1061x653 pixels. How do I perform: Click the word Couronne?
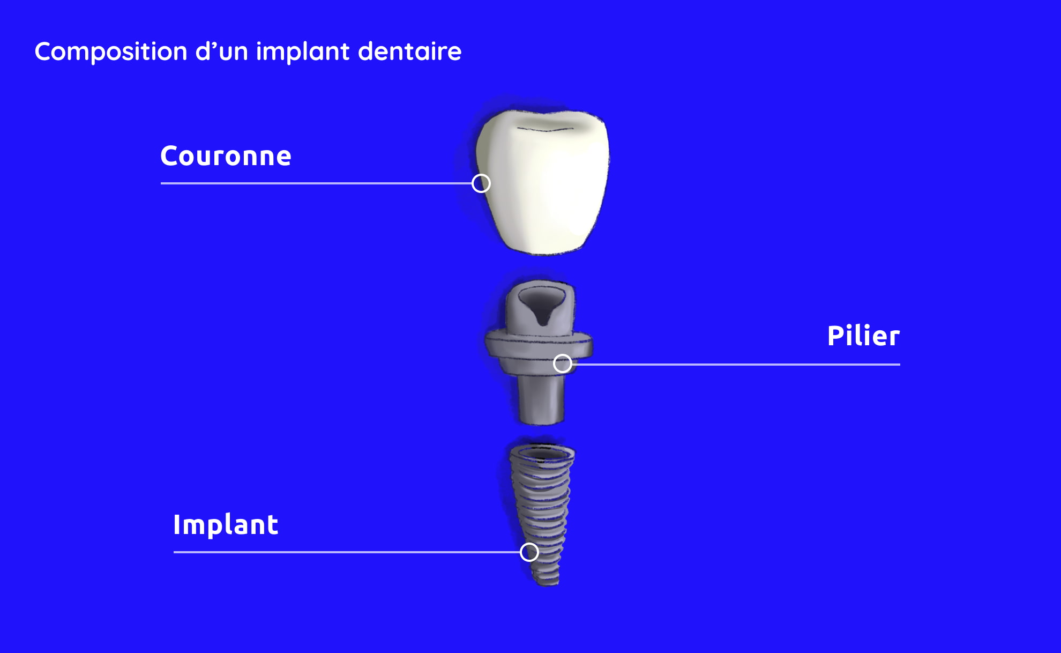point(226,156)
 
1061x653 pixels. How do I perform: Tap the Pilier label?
point(863,336)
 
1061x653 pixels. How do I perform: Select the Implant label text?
point(226,525)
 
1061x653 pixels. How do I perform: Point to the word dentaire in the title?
point(410,51)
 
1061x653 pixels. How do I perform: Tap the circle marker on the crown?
point(481,183)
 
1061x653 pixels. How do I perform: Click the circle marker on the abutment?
point(563,363)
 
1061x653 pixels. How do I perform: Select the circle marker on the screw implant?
point(529,552)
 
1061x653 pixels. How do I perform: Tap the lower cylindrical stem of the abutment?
point(541,399)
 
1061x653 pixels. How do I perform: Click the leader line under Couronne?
point(316,183)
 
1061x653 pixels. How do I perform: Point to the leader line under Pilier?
point(736,364)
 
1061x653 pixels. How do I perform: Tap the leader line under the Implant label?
point(347,552)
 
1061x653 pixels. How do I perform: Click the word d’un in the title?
point(222,51)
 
